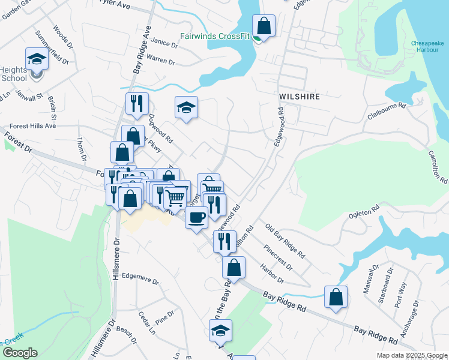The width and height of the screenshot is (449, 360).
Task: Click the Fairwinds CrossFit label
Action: (214, 36)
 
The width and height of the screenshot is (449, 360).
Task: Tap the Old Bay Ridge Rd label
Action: (285, 238)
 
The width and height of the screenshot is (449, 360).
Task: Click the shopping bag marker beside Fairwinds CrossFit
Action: (264, 26)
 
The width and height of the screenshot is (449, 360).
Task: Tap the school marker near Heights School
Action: (37, 59)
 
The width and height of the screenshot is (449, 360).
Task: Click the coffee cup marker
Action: (196, 217)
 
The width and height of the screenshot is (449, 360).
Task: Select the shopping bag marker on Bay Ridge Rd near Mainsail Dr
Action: (336, 296)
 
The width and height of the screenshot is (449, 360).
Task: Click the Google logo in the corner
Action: (19, 353)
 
